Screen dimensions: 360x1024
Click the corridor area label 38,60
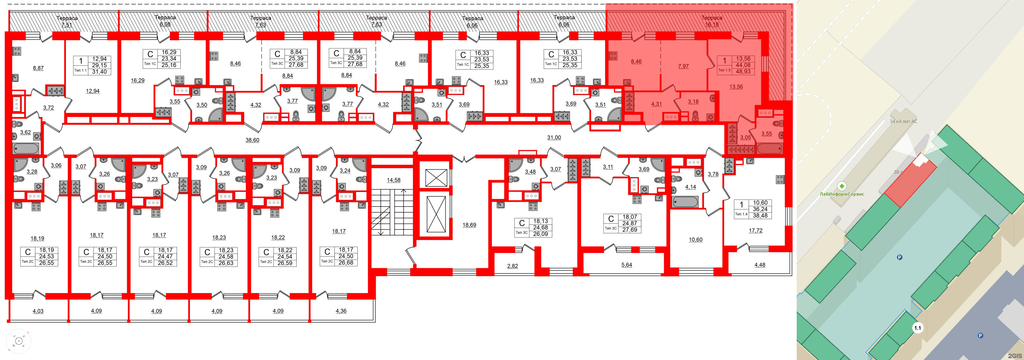pos(252,140)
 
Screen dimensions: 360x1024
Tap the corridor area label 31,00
pos(554,138)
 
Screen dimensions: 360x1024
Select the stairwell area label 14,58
pos(394,180)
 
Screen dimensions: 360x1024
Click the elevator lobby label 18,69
pos(469,225)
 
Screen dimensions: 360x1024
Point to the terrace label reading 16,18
pos(712,24)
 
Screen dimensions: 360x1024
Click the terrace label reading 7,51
pos(67,25)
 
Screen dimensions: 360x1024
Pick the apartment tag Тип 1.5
pos(724,70)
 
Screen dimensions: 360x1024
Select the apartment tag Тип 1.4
pos(741,214)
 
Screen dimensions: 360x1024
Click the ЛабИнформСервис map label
pos(841,194)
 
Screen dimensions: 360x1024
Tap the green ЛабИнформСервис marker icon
pos(841,186)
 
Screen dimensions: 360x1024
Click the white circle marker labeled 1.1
pos(917,328)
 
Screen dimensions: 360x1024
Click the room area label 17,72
pos(755,230)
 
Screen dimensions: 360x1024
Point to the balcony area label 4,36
pos(341,311)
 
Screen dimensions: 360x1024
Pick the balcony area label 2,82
pos(512,266)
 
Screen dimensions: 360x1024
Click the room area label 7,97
pos(683,66)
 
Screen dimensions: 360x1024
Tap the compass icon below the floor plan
pos(19,341)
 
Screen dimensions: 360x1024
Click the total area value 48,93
pos(743,72)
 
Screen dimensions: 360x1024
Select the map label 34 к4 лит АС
pos(903,121)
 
